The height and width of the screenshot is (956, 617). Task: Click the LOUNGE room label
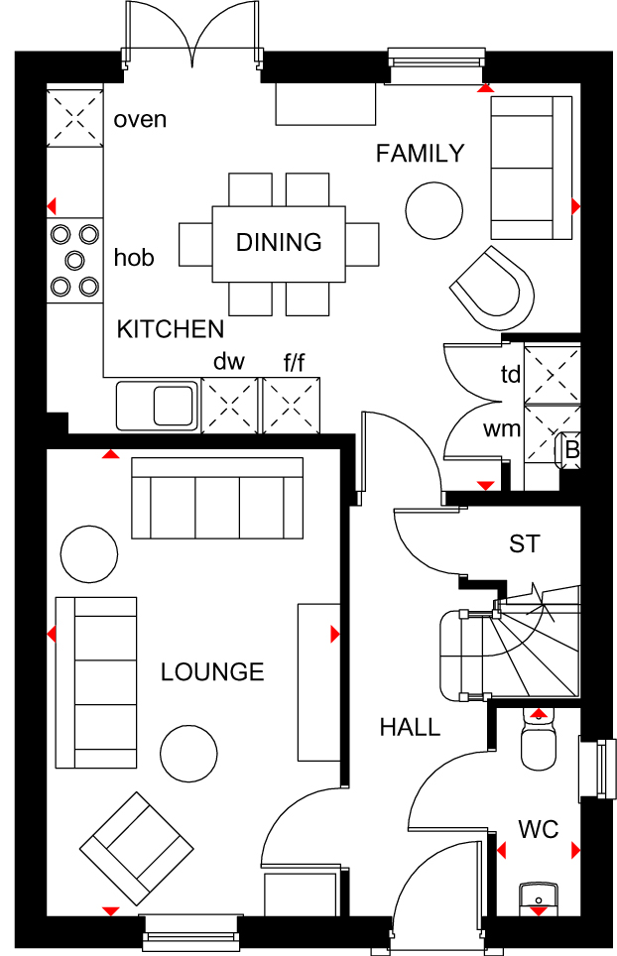(x=212, y=672)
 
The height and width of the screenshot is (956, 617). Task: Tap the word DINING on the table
(x=279, y=242)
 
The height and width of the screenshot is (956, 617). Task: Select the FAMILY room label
(x=420, y=153)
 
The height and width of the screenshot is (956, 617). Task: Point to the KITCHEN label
(x=171, y=329)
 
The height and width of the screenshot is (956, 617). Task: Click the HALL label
(x=410, y=728)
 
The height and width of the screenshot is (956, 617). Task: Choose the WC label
(x=538, y=829)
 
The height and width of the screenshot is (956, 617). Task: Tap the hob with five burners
(x=75, y=261)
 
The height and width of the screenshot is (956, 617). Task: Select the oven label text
(x=140, y=120)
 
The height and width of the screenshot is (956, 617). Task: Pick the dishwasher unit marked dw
(x=229, y=407)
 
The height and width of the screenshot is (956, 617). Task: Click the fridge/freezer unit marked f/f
(x=292, y=407)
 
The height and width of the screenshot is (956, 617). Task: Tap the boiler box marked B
(x=571, y=449)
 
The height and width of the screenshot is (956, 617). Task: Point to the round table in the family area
(x=433, y=210)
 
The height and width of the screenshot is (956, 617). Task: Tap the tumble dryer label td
(x=510, y=375)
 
